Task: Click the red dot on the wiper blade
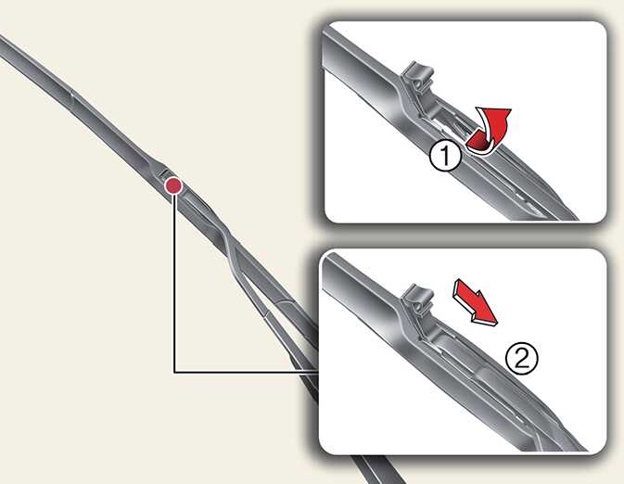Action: [x=173, y=185]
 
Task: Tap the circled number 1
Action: [x=445, y=156]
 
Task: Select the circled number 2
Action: [x=522, y=358]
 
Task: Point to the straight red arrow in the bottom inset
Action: [x=476, y=303]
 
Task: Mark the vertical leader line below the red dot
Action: [x=174, y=284]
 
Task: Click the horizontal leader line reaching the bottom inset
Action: [x=246, y=372]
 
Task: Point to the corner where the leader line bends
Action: [x=174, y=372]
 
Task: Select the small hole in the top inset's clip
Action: [x=418, y=84]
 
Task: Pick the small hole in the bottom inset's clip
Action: [x=416, y=307]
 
